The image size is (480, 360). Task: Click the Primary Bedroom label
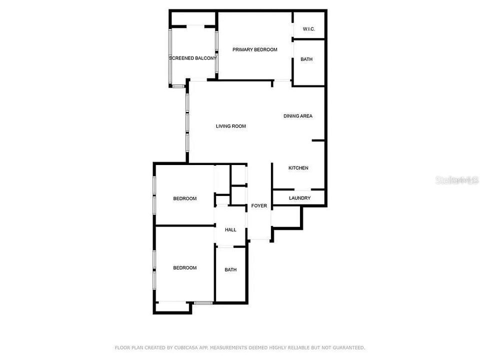254,49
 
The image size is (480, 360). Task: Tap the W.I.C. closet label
308,29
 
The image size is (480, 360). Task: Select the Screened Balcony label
193,58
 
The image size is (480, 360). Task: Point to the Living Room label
230,126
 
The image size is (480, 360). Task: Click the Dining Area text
297,116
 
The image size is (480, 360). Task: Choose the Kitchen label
298,168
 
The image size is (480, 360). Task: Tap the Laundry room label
299,198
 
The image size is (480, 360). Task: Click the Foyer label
259,206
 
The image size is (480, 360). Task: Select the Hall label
230,230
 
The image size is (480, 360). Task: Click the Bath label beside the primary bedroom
306,59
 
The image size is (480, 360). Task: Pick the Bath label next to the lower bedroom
230,270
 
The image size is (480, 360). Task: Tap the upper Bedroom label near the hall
184,198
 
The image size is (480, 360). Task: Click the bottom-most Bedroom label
184,268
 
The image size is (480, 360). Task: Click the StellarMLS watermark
457,180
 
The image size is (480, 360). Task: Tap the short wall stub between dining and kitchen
318,140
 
